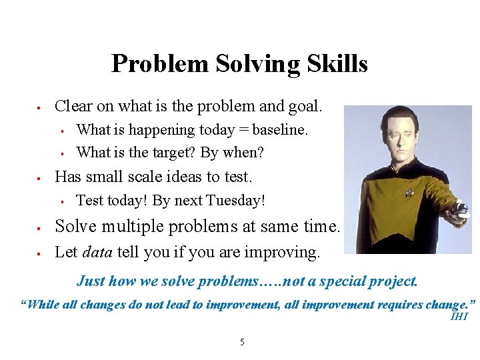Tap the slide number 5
[x=242, y=343]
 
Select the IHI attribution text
[x=459, y=317]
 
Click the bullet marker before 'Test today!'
[x=61, y=201]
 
